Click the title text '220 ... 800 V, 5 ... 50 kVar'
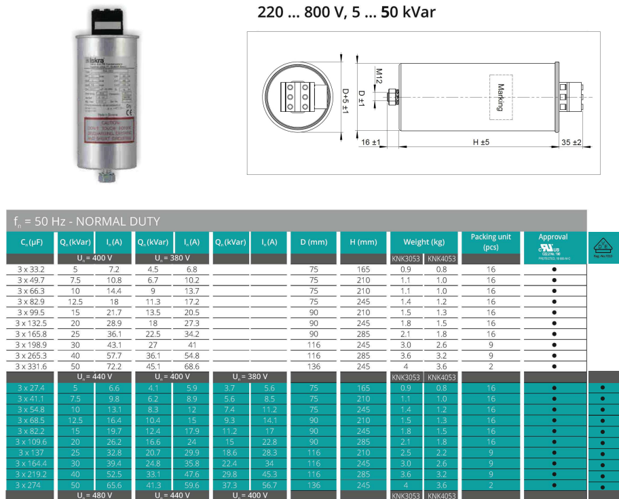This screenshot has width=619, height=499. (346, 12)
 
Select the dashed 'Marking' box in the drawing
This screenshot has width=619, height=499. (501, 97)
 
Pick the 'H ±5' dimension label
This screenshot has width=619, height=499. (481, 142)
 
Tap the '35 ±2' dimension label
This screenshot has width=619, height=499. (571, 142)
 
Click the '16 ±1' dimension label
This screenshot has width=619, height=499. (370, 142)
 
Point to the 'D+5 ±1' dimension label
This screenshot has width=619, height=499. (345, 100)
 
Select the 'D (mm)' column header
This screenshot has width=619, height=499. (314, 242)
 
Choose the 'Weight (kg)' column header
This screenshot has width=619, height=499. (416, 242)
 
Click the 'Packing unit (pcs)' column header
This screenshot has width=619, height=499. (491, 242)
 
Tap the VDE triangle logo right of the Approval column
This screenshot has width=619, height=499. (603, 245)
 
